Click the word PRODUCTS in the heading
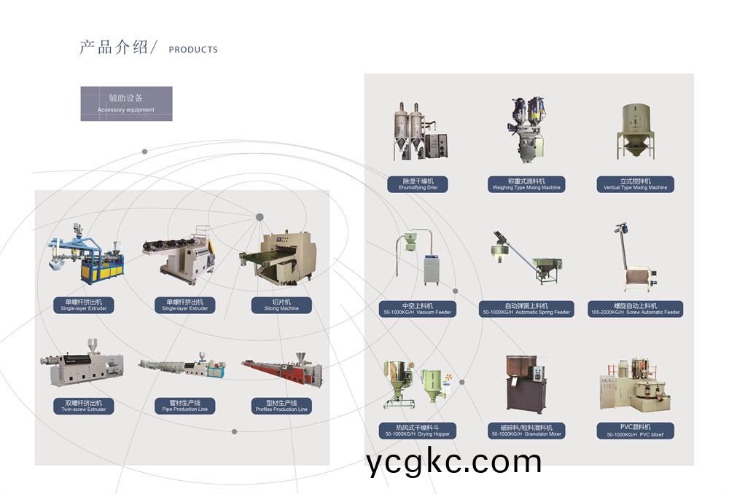tap(192, 50)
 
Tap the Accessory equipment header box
tap(126, 103)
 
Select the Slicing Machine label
tap(281, 305)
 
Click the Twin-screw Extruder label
tap(84, 406)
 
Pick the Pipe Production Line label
tap(184, 406)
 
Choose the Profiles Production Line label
tap(281, 406)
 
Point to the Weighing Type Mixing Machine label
tap(526, 184)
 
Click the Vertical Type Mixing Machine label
tap(635, 184)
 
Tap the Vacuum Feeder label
tap(418, 309)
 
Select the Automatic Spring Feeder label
tap(526, 309)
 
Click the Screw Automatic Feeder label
tap(635, 309)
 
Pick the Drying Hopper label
tap(418, 430)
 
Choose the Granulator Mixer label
tap(526, 430)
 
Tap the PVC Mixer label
tap(635, 430)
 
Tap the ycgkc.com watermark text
tap(454, 462)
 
